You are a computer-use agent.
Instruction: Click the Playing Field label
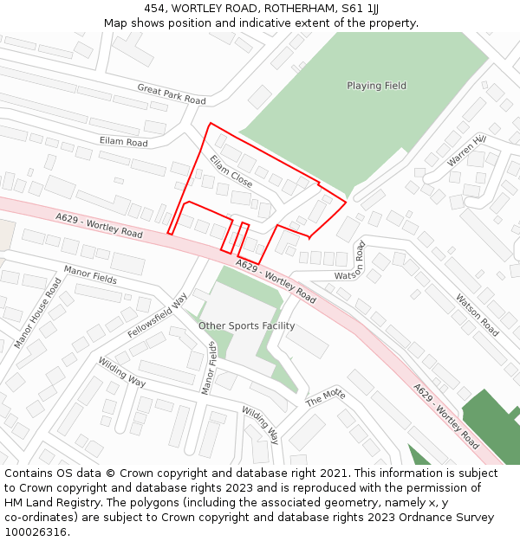(376, 86)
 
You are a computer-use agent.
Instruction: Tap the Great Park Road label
(172, 94)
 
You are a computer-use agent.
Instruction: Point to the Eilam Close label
(231, 171)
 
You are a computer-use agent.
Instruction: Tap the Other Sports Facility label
(246, 326)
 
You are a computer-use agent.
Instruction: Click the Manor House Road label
(37, 313)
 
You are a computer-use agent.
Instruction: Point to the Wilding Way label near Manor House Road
(121, 371)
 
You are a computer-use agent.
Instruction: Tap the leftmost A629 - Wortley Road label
(99, 226)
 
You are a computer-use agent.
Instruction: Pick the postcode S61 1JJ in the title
(358, 9)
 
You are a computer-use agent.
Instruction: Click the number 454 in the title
(154, 9)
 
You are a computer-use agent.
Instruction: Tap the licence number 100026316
(36, 531)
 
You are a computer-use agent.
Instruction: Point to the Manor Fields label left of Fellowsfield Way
(90, 276)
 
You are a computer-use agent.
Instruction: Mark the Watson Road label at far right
(477, 315)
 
